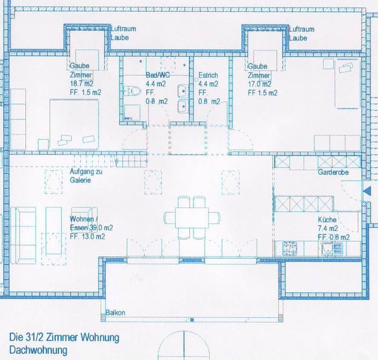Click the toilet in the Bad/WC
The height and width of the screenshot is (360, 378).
[133, 91]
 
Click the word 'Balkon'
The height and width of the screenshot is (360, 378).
[115, 313]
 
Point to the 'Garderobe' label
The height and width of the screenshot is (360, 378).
[333, 171]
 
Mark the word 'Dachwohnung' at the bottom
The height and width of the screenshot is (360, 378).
[38, 349]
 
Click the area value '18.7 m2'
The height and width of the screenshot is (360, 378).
[83, 83]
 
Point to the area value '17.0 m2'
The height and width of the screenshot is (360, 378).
[260, 83]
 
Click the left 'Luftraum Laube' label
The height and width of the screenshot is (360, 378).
[123, 33]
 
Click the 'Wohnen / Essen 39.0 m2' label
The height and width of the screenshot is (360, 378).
[91, 223]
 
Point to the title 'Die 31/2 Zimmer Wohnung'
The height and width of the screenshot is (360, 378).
[64, 337]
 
